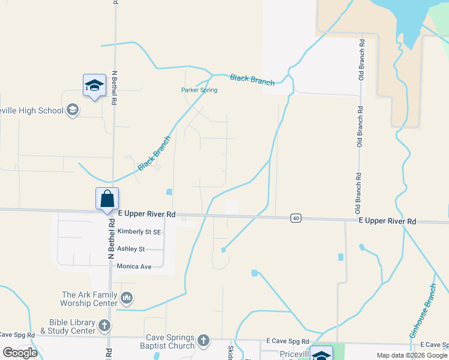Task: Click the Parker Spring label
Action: click(x=199, y=90)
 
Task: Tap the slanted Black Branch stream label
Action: click(x=154, y=154)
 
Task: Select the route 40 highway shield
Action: click(x=295, y=218)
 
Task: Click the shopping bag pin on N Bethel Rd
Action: click(x=107, y=199)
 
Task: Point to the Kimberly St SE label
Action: click(x=139, y=232)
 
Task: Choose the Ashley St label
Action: click(x=131, y=249)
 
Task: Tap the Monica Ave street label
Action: click(x=134, y=266)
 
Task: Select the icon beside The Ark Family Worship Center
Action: click(x=127, y=298)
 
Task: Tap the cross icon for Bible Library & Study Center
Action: click(x=104, y=326)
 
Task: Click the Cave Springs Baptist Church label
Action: click(x=170, y=341)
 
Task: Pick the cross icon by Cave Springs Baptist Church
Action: click(x=203, y=341)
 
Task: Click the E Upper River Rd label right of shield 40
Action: click(x=387, y=221)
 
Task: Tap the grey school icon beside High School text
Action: click(x=73, y=110)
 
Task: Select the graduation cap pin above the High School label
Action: click(x=94, y=86)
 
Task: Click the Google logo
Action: click(x=20, y=353)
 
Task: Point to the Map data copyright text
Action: click(x=411, y=355)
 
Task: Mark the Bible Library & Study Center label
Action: click(x=67, y=326)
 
